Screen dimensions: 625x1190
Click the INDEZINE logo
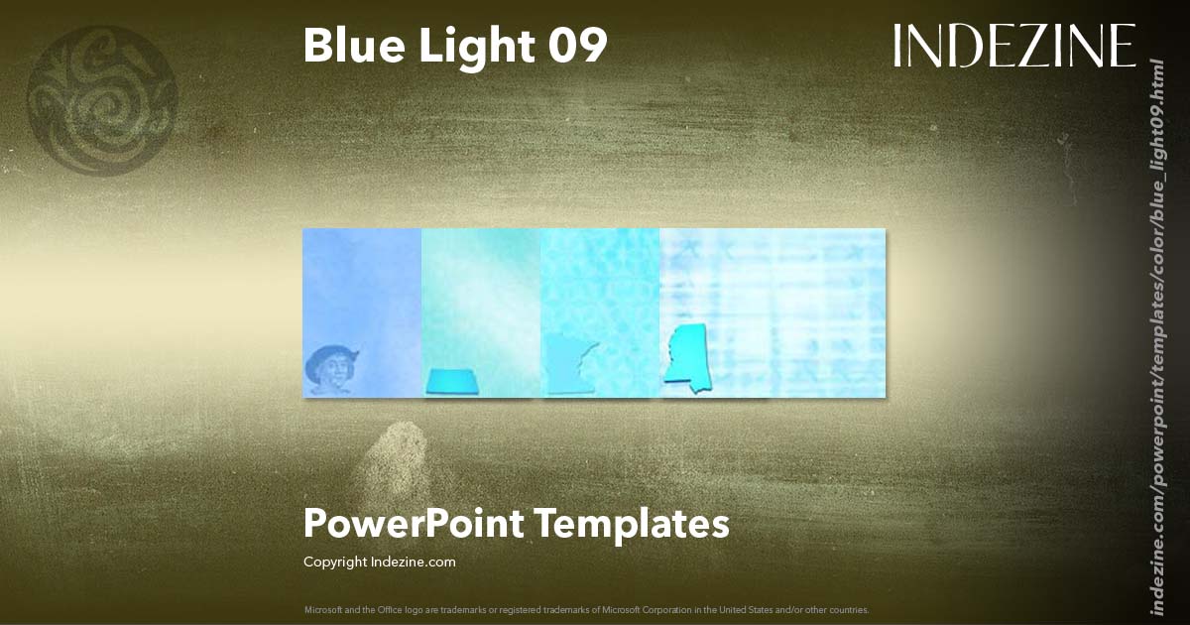tap(1013, 47)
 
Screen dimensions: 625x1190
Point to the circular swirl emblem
tap(102, 101)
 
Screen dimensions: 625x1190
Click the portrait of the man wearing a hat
tap(330, 370)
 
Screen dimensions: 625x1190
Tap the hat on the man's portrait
tap(330, 354)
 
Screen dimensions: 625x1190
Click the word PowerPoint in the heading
tap(413, 523)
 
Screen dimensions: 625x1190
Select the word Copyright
tap(335, 562)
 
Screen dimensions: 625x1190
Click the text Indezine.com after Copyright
tap(414, 562)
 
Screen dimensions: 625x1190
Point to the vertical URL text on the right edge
tap(1156, 337)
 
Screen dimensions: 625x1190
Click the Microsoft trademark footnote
tap(586, 609)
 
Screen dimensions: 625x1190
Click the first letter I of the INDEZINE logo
tap(897, 47)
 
